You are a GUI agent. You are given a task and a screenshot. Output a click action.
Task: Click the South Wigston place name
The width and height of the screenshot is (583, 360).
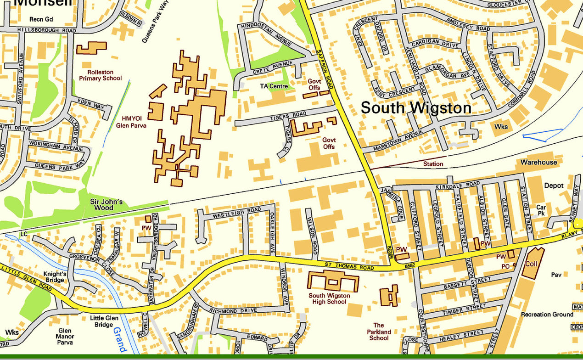click(x=416, y=108)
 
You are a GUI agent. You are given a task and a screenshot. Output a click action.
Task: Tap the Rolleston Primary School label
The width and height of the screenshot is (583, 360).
click(x=100, y=75)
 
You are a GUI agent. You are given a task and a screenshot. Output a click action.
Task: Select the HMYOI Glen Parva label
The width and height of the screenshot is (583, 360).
click(x=131, y=121)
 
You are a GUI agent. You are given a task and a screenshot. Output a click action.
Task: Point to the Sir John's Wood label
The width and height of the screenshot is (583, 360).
click(x=106, y=204)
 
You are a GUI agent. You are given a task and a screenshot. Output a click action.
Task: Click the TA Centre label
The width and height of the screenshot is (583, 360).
click(x=274, y=86)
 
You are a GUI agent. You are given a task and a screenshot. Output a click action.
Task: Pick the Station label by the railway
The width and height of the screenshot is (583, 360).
click(x=433, y=163)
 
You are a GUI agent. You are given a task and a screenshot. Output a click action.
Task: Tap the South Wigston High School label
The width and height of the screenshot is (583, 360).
click(x=329, y=298)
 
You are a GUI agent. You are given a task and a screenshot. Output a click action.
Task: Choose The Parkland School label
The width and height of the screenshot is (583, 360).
click(x=379, y=332)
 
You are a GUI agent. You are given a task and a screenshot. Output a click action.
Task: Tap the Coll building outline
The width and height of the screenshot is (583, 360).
click(x=533, y=263)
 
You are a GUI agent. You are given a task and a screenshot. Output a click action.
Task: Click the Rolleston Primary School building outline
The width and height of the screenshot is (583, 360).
click(x=91, y=48)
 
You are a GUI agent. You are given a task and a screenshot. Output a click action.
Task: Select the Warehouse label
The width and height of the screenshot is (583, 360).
click(x=538, y=162)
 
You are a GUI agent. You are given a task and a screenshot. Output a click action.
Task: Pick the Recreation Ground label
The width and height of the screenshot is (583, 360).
click(x=547, y=315)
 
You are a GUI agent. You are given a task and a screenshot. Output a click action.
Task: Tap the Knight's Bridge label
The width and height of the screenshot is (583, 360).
click(x=54, y=277)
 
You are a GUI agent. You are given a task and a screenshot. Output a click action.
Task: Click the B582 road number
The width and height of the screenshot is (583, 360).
click(x=409, y=266)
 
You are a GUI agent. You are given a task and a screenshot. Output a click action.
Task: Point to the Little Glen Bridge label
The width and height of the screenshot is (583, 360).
click(x=104, y=321)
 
